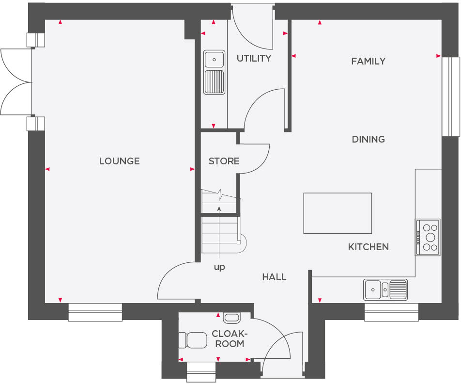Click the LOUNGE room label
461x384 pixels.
[x=119, y=161]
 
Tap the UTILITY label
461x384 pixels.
[x=254, y=59]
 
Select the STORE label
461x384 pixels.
[x=224, y=161]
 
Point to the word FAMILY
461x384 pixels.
[x=368, y=61]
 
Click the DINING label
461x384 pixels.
[x=368, y=139]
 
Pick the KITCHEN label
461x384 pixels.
[x=368, y=247]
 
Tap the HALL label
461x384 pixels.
[x=274, y=277]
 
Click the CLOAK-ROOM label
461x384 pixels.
[x=230, y=339]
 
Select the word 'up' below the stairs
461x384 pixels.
[x=219, y=267]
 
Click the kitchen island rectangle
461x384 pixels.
[x=338, y=213]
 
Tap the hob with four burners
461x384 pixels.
[x=428, y=237]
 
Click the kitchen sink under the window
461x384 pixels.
[x=385, y=289]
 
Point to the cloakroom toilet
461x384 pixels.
[x=193, y=340]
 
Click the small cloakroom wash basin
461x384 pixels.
[x=232, y=318]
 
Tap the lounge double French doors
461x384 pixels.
[x=15, y=81]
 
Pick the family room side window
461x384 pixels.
[x=450, y=96]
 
